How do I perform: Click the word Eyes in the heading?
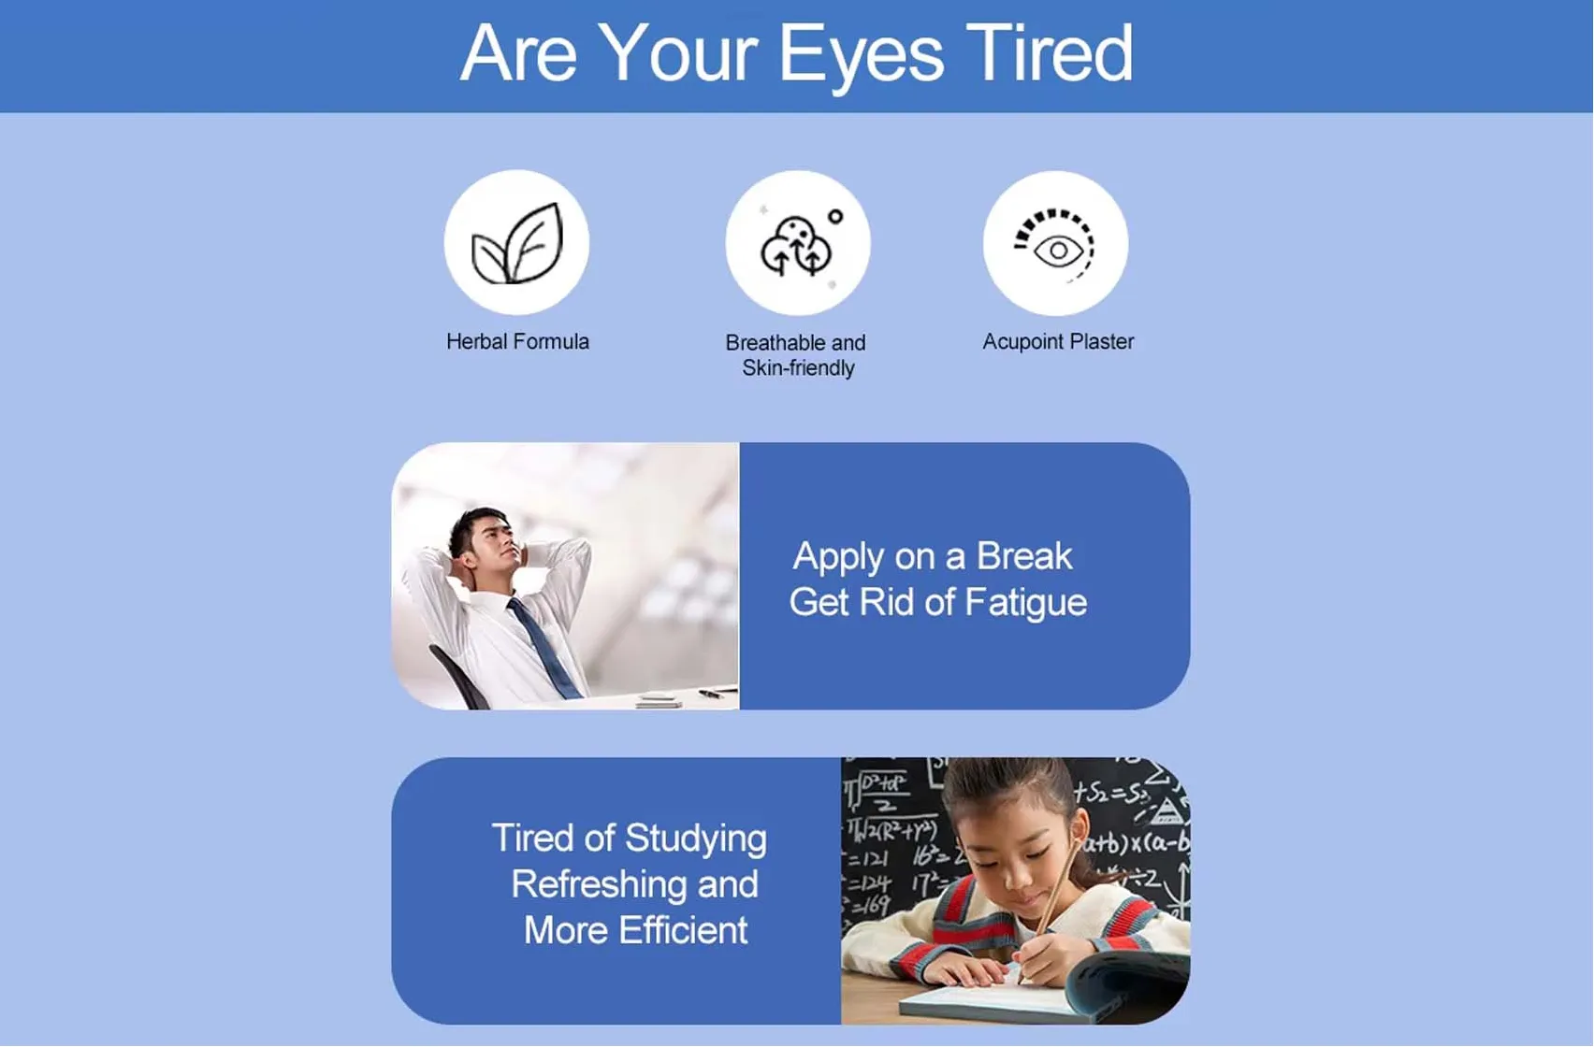pos(861,55)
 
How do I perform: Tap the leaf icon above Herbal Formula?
pos(517,243)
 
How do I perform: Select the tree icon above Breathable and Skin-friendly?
pos(797,245)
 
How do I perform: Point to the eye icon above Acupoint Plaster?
pos(1056,245)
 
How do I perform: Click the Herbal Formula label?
pos(517,342)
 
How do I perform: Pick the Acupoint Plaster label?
pos(1058,342)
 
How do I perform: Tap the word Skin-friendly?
pos(798,368)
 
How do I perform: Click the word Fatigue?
pos(1025,603)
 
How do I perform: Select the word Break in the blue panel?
pos(1024,557)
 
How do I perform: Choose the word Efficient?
pos(683,931)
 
